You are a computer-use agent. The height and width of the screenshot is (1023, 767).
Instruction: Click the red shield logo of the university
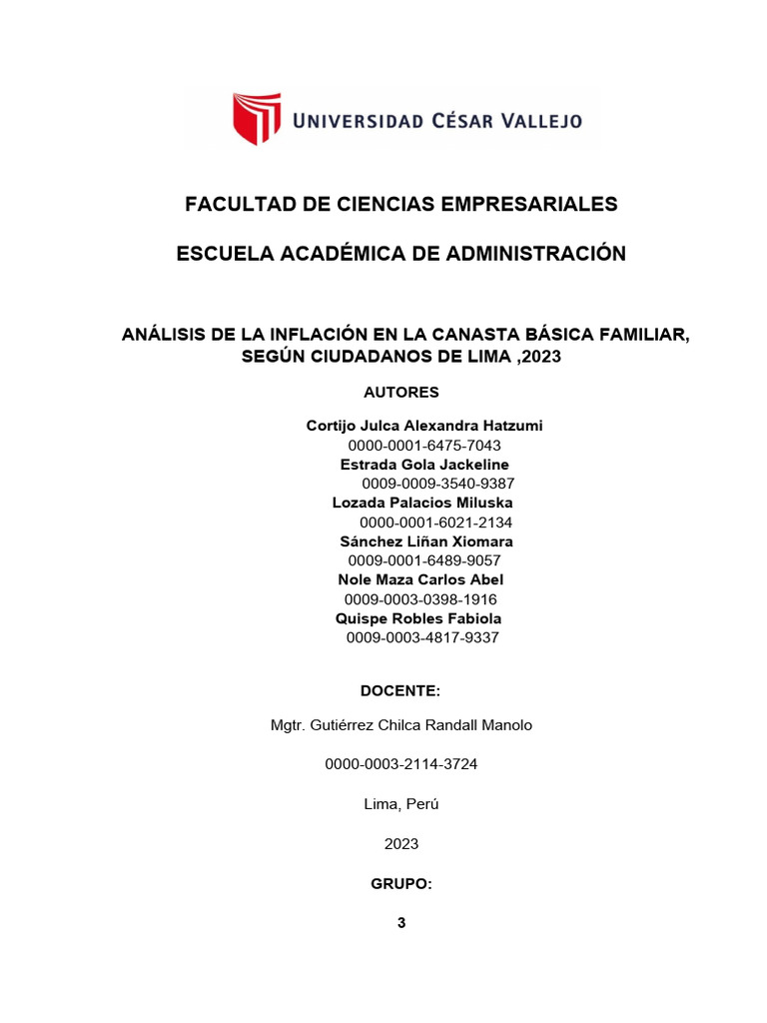(x=257, y=119)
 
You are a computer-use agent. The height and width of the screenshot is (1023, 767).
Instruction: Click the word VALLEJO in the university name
(x=534, y=121)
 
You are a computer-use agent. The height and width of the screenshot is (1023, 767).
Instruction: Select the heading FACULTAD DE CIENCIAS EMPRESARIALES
(x=401, y=204)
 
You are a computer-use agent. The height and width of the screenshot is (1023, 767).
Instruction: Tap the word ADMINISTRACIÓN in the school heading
(x=535, y=254)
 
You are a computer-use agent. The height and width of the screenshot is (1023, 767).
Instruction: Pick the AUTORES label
(x=401, y=392)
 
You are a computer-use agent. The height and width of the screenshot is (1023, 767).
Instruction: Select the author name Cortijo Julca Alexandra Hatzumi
(x=424, y=426)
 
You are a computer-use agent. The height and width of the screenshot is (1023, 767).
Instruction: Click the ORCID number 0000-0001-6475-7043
(x=424, y=446)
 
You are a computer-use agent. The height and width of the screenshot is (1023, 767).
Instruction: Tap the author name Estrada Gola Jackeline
(x=424, y=465)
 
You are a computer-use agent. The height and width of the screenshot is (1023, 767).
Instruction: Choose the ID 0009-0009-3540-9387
(x=438, y=484)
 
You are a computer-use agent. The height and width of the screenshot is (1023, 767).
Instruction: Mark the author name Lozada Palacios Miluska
(x=422, y=503)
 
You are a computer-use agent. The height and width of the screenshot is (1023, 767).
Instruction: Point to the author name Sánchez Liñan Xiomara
(x=426, y=541)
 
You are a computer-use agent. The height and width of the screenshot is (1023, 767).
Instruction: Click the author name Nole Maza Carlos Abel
(x=420, y=579)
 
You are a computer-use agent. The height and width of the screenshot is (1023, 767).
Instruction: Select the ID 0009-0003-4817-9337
(x=422, y=637)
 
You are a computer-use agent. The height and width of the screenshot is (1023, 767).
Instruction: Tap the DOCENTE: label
(x=400, y=690)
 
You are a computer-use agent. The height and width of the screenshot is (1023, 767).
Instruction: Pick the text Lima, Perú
(x=401, y=804)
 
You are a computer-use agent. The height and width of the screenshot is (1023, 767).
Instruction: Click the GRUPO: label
(x=400, y=884)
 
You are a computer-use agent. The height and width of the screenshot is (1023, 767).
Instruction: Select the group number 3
(x=401, y=923)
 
